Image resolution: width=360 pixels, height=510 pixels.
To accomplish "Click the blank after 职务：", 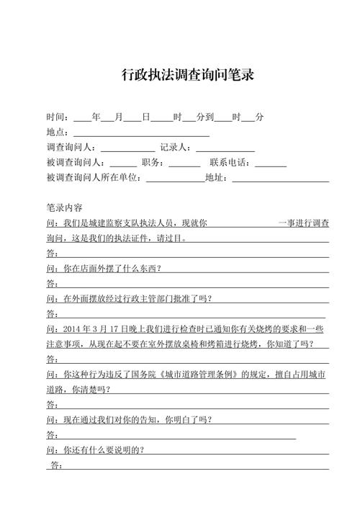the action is (x=184, y=163).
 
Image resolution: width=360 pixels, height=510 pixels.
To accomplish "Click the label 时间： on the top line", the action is (x=58, y=117).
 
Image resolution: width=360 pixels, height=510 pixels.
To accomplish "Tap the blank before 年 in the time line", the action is (x=81, y=117).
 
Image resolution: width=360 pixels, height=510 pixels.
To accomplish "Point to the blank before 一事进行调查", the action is (x=242, y=223).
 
